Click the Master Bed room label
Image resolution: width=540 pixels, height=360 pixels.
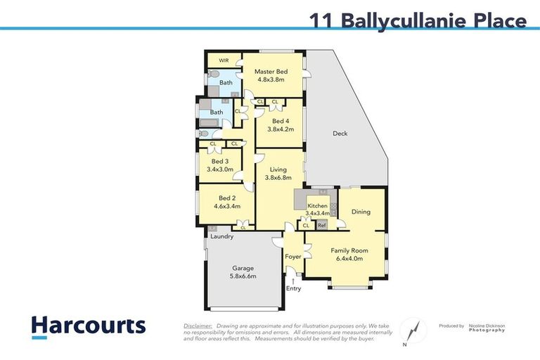[x=271, y=72]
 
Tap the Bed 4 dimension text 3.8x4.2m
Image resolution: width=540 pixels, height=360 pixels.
[x=281, y=129]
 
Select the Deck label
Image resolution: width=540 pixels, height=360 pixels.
[x=340, y=134]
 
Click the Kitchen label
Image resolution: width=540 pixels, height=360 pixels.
[x=317, y=205]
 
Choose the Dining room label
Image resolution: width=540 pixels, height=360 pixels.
[x=361, y=212]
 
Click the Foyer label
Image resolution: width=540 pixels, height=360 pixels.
[x=292, y=257]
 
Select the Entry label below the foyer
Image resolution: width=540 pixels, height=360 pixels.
[x=293, y=288]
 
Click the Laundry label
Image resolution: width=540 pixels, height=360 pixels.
[x=221, y=237]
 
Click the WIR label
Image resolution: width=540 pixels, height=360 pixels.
[x=224, y=60]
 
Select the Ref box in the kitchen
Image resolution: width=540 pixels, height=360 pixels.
[x=321, y=225]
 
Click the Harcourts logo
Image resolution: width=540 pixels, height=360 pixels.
[x=89, y=326]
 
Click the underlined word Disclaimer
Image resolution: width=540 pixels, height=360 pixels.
[x=198, y=326]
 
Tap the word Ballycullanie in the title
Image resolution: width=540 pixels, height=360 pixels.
[x=403, y=20]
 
